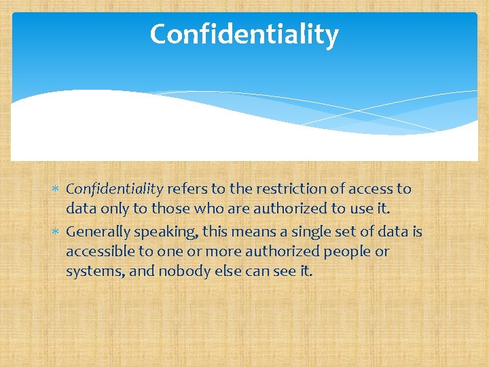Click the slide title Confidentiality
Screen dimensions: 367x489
(x=244, y=34)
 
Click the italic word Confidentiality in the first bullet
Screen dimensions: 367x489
(x=114, y=189)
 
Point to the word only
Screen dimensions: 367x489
(x=109, y=209)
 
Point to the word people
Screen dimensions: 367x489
(x=347, y=252)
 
